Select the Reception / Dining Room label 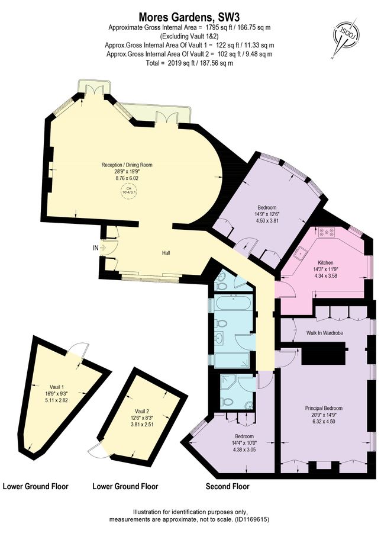tap(127, 165)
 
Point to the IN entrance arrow tap(103, 248)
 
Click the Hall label tap(166, 253)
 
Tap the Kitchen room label tap(325, 262)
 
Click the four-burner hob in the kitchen tap(327, 233)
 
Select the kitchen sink tap(301, 253)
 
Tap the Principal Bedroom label tap(324, 408)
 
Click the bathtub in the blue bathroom tap(233, 303)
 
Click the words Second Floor tap(228, 486)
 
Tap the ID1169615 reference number tap(250, 519)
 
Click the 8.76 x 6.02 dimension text tap(127, 178)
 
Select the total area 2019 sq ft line tap(189, 63)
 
